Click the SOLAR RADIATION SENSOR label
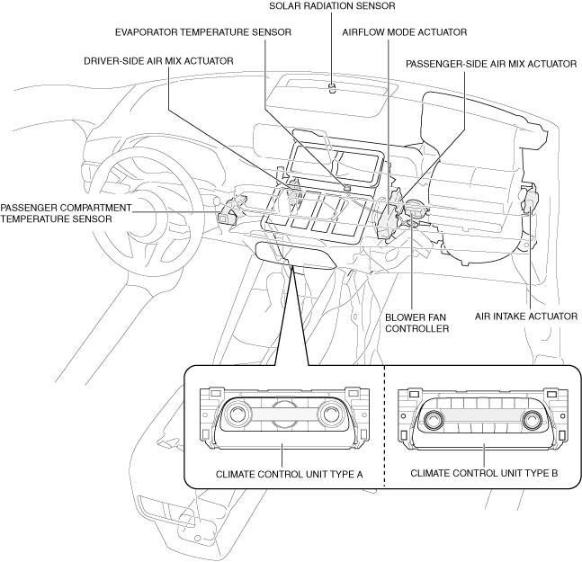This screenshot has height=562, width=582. (x=332, y=6)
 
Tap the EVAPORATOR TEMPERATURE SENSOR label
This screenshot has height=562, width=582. (x=203, y=32)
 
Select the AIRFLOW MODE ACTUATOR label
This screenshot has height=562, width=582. (x=405, y=32)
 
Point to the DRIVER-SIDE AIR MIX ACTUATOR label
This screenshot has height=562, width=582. (x=158, y=61)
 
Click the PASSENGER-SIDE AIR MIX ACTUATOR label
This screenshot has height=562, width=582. (x=491, y=64)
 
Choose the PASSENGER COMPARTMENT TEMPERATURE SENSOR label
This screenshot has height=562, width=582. (x=66, y=213)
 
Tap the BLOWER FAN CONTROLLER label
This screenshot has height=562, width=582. (x=416, y=323)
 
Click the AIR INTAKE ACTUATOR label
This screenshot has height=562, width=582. (x=526, y=316)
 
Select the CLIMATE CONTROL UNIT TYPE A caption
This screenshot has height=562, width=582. (x=289, y=474)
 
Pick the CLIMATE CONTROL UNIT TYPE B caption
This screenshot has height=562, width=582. (x=484, y=473)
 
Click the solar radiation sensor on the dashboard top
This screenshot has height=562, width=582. (x=332, y=88)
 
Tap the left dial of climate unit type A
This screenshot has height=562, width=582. (x=237, y=415)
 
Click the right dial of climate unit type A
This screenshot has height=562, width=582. (x=330, y=415)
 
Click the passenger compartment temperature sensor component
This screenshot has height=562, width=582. (x=227, y=217)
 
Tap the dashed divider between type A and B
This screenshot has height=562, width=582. (x=384, y=426)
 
